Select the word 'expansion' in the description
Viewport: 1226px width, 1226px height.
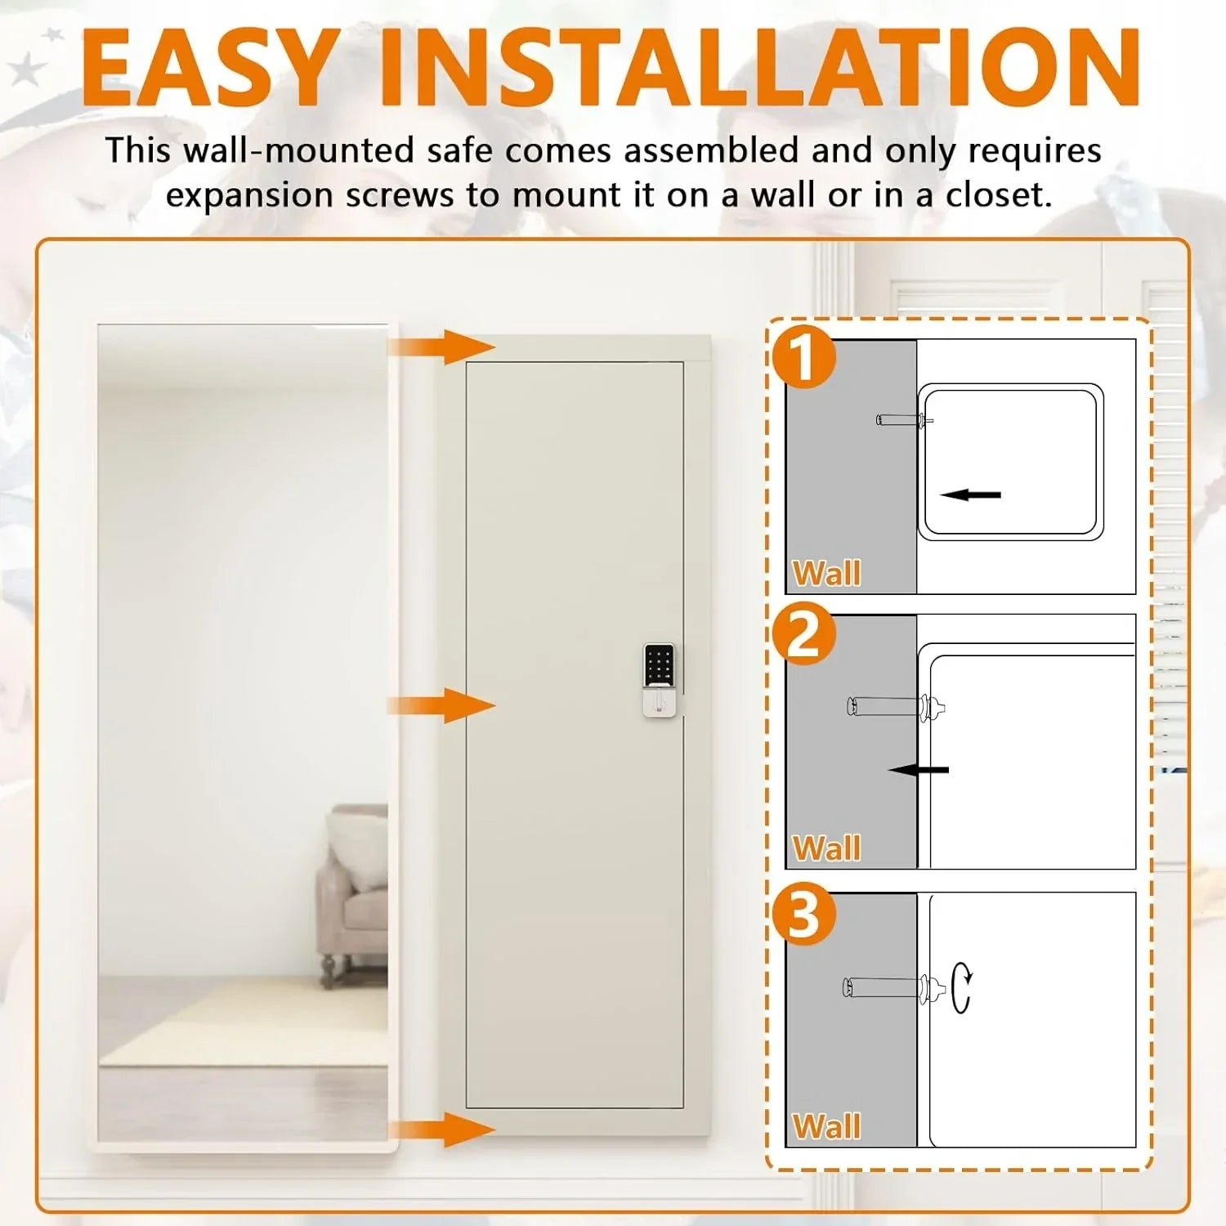(249, 195)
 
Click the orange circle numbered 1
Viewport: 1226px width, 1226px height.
(804, 356)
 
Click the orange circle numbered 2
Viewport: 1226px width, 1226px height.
(804, 633)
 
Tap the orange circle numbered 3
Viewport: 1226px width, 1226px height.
(804, 914)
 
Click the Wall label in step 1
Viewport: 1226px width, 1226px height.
(826, 573)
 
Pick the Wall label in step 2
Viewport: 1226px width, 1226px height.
(826, 848)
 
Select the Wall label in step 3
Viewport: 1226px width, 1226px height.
(826, 1127)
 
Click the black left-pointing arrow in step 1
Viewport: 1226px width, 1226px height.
(970, 494)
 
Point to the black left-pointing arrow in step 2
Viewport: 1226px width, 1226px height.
(919, 770)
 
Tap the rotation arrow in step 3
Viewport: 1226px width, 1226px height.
(962, 987)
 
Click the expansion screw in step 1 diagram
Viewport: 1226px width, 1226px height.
(903, 421)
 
